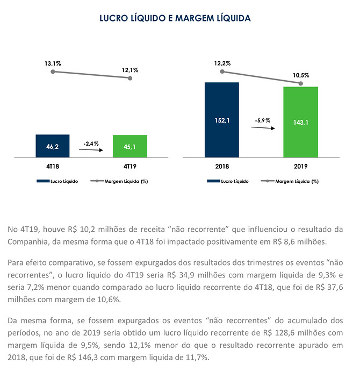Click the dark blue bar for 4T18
53,146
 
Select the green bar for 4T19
130,146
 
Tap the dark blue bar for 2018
222,120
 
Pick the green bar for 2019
301,122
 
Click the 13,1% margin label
53,63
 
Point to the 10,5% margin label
301,75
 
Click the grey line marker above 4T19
130,78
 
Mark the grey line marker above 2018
222,72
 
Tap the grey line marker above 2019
301,83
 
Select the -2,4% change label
91,144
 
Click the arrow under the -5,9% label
263,128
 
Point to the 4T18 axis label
53,166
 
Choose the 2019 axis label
301,166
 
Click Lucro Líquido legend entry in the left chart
57,181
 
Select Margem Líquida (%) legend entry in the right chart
290,181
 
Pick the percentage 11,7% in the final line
198,357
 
